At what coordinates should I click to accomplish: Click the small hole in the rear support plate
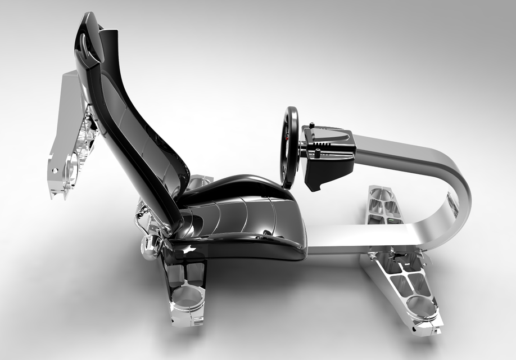tap(55, 169)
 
